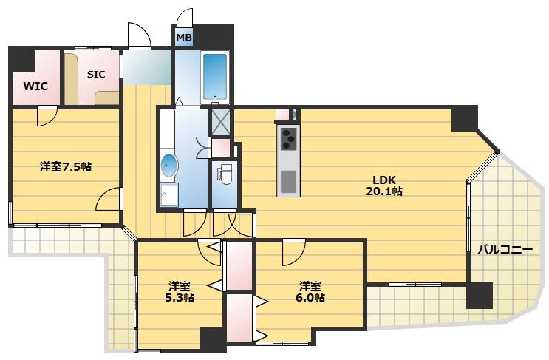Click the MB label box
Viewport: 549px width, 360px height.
point(183,37)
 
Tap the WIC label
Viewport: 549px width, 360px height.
point(35,86)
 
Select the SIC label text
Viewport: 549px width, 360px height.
point(96,74)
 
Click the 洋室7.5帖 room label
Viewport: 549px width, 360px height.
point(66,166)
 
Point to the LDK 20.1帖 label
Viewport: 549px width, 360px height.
point(383,186)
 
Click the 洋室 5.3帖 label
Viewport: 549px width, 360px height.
point(180,292)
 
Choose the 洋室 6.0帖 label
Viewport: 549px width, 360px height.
point(310,292)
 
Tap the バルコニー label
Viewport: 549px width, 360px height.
point(505,250)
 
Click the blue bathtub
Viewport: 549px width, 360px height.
point(215,77)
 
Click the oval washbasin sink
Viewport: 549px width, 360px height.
point(169,165)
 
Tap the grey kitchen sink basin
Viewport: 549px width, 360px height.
point(288,182)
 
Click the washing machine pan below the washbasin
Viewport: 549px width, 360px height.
point(169,195)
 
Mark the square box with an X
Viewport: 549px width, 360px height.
point(221,122)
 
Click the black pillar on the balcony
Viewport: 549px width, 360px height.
point(480,296)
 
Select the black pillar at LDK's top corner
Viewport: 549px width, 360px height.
point(464,118)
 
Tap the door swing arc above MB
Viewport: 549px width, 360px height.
point(185,16)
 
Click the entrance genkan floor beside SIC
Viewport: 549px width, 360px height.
point(146,67)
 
